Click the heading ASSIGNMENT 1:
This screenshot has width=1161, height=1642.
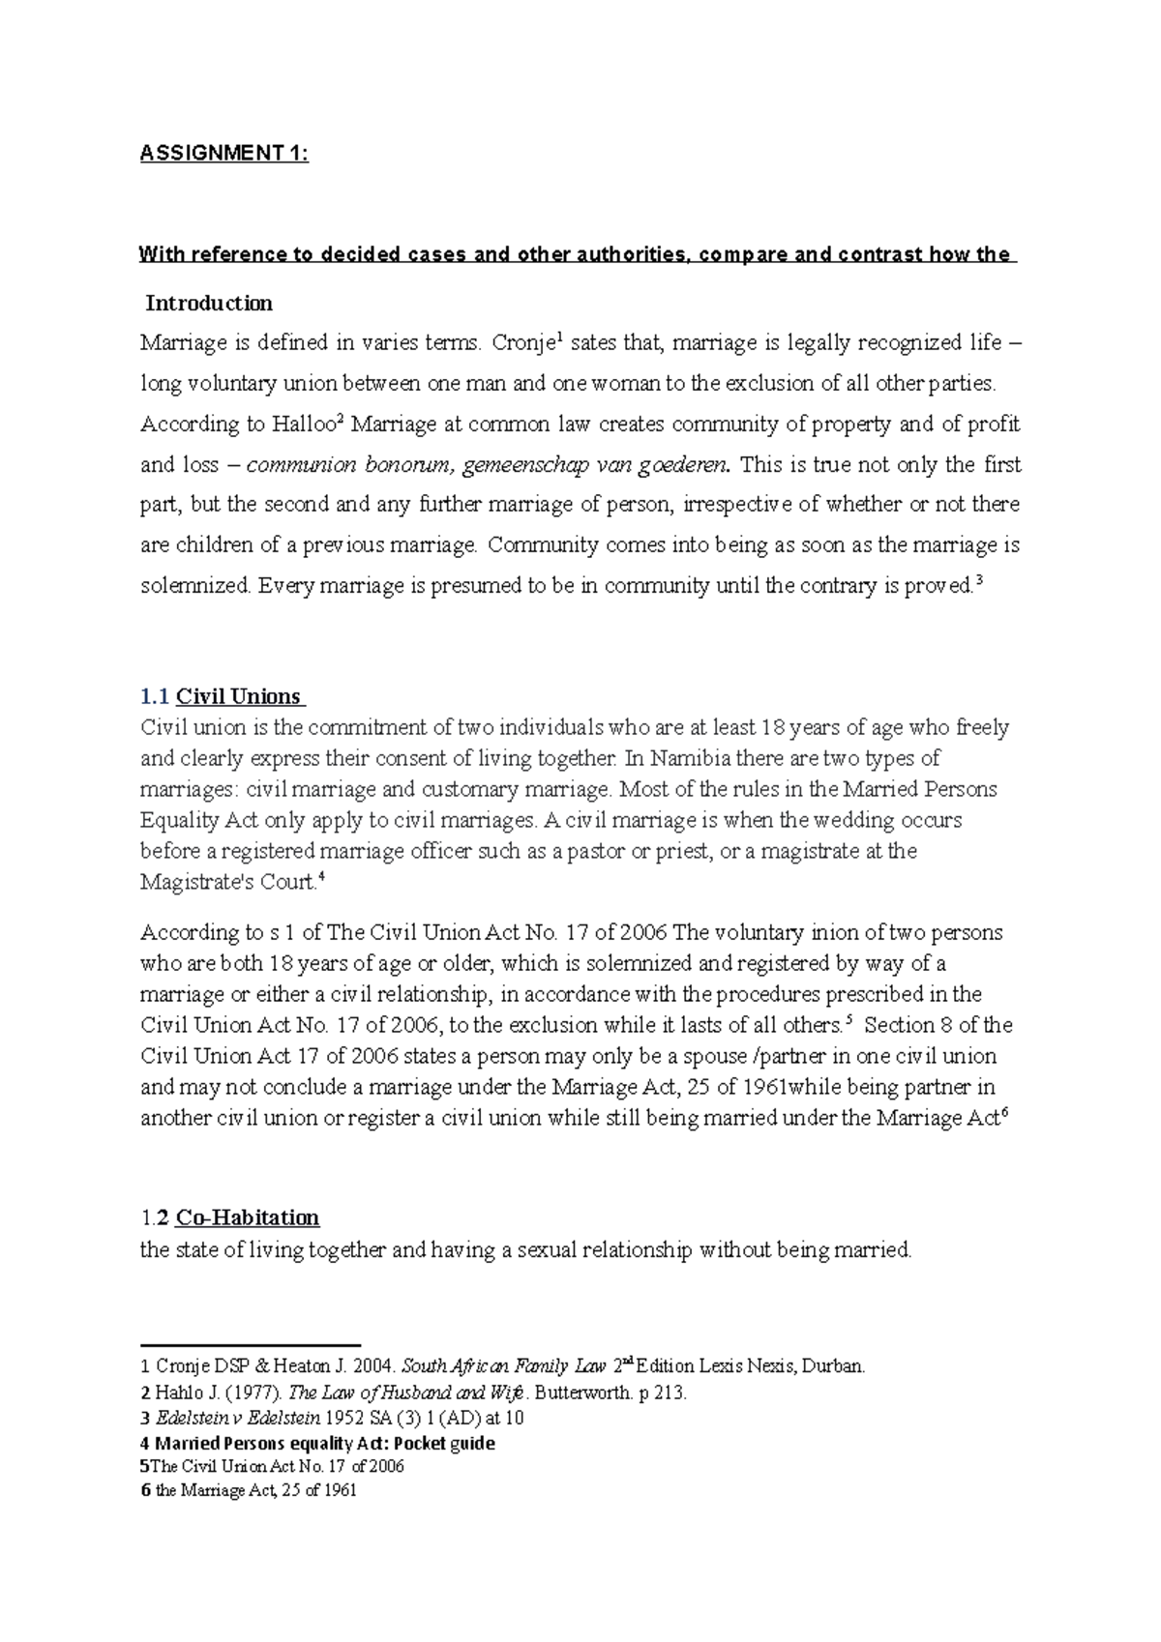(x=224, y=154)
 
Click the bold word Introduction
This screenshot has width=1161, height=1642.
(x=209, y=304)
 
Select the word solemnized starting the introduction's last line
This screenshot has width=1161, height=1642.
(x=195, y=587)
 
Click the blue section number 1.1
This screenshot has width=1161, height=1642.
(x=154, y=696)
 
